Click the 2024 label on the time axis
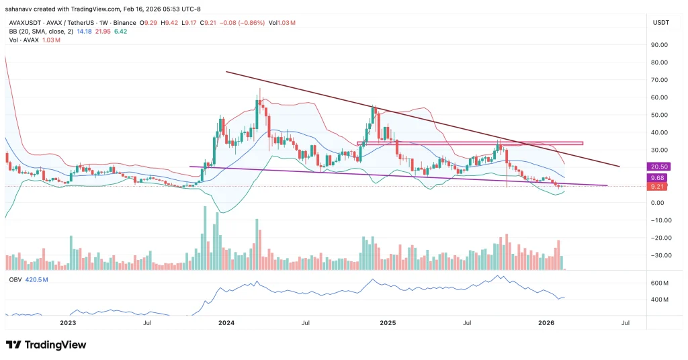[x=226, y=323]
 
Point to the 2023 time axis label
[x=67, y=323]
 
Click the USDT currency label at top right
[x=660, y=23]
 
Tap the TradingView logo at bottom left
[x=46, y=345]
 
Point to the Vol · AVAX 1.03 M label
[x=34, y=40]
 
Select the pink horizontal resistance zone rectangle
[x=470, y=143]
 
